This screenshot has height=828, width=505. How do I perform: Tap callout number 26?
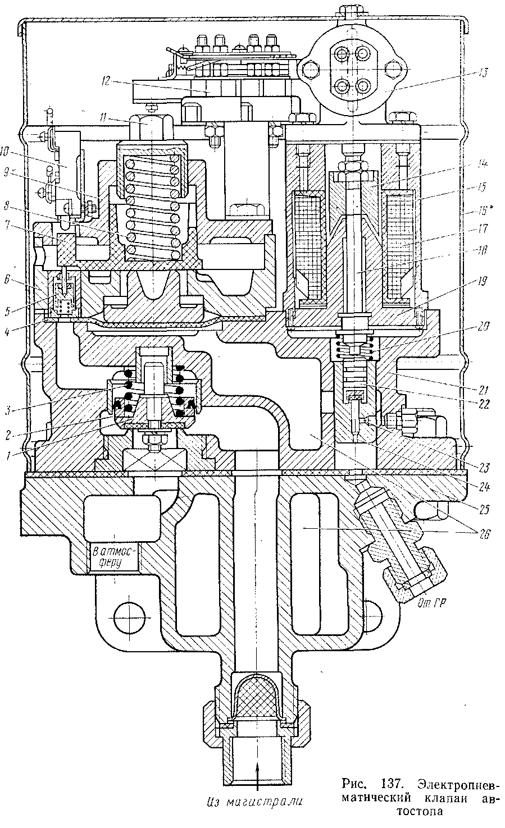pyautogui.click(x=483, y=534)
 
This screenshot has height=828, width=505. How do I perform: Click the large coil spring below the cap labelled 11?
pyautogui.click(x=152, y=202)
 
